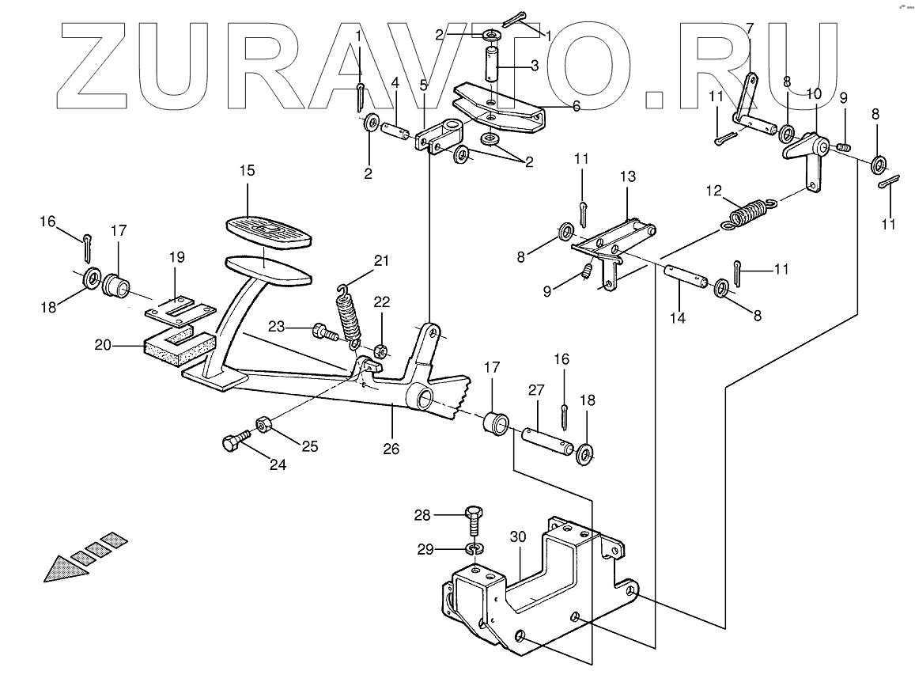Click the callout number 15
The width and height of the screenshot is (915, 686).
[248, 170]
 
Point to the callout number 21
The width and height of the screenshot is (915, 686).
[383, 261]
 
